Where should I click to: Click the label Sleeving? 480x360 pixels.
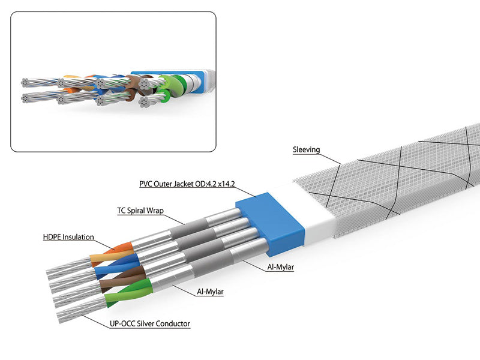(x=307, y=149)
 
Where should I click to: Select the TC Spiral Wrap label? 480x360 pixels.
(x=140, y=211)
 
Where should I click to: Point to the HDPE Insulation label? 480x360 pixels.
(x=68, y=237)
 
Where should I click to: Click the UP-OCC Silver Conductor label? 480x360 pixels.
(x=149, y=324)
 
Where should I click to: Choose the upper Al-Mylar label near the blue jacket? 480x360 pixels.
(x=280, y=267)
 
